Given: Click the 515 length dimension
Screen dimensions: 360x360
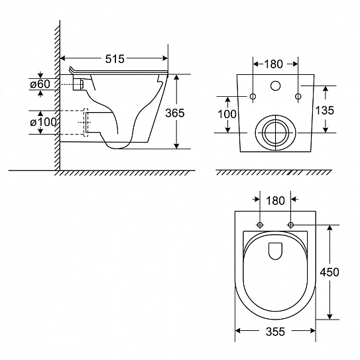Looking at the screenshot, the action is (x=115, y=59).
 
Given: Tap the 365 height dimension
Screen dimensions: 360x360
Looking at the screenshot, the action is (x=175, y=113).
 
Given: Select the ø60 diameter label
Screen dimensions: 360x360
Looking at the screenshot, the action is (x=40, y=84).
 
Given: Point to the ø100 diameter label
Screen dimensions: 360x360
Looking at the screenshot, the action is (x=43, y=122).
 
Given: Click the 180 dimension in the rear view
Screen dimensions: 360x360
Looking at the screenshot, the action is (x=273, y=64).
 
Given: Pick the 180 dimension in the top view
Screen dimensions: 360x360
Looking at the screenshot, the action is (x=275, y=201).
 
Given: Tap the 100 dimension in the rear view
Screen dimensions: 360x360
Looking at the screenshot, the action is (x=227, y=114).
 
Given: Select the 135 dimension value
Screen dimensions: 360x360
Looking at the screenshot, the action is (x=324, y=111).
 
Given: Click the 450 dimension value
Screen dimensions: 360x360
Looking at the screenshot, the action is (x=330, y=272).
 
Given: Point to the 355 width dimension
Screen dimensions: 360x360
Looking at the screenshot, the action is (x=275, y=331).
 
